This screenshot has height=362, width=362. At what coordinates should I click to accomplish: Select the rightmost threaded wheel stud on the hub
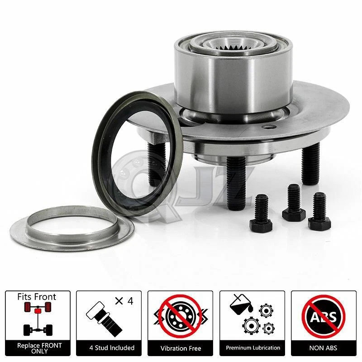click(310, 163)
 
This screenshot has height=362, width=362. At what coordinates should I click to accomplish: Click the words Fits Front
click(37, 297)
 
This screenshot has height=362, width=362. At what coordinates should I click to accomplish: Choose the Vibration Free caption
click(181, 348)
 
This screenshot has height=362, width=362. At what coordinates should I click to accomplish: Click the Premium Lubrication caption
click(252, 348)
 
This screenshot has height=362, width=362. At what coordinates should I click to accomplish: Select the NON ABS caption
click(324, 348)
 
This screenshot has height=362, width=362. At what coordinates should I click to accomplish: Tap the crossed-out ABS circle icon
click(324, 316)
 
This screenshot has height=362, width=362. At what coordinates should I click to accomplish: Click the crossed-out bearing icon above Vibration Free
click(181, 316)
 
